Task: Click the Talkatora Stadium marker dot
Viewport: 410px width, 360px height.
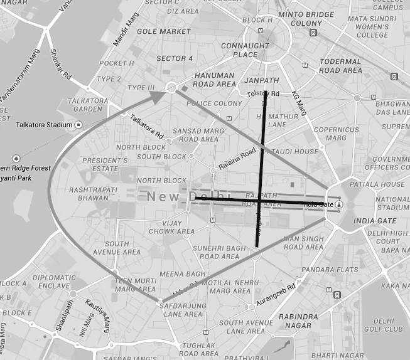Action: pyautogui.click(x=78, y=125)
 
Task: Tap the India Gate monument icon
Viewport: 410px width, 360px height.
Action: pyautogui.click(x=339, y=204)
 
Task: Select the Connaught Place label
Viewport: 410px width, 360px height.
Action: pyautogui.click(x=236, y=50)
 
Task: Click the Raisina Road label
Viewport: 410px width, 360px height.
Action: pyautogui.click(x=237, y=160)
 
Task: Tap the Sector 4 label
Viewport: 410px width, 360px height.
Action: pyautogui.click(x=175, y=58)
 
